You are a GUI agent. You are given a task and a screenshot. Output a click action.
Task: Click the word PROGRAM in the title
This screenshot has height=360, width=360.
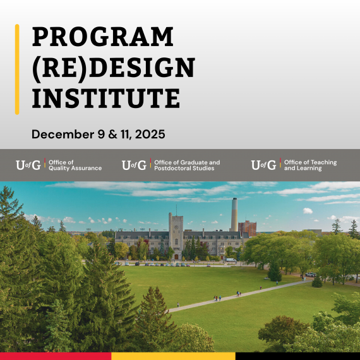point(102,37)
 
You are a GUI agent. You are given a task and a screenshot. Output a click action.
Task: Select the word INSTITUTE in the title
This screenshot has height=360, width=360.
point(106,98)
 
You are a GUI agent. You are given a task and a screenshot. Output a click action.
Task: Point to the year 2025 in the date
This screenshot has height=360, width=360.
point(150,134)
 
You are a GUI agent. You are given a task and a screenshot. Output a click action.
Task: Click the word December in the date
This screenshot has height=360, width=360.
point(63,134)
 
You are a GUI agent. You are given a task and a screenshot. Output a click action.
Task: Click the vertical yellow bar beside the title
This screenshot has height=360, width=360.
point(17,69)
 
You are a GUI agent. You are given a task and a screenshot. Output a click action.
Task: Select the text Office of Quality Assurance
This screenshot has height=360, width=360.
point(75,165)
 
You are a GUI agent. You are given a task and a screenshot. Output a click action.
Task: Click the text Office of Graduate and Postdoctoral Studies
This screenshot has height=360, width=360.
point(187,165)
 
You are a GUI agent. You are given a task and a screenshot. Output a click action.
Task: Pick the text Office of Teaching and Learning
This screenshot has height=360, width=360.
point(310,165)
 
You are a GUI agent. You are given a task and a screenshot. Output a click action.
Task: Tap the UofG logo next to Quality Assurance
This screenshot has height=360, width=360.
point(28,165)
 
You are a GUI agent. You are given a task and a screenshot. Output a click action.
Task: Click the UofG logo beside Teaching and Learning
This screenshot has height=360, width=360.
point(263,165)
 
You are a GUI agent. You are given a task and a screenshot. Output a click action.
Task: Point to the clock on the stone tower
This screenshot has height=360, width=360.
point(176,227)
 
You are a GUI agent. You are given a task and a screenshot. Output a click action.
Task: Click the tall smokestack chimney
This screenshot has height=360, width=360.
point(234,215)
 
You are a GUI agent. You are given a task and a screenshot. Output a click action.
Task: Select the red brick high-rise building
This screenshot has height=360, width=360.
point(247,228)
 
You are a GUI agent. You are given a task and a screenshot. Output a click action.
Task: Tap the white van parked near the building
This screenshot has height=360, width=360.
point(231,260)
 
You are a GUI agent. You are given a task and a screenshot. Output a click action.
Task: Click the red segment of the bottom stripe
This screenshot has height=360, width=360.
point(56,356)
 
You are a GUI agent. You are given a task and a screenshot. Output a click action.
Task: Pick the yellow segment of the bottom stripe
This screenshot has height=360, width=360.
point(173,356)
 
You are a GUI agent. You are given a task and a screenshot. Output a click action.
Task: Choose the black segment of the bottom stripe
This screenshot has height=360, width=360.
point(297,356)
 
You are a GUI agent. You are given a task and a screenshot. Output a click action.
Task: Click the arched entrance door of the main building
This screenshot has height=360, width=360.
point(176,256)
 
